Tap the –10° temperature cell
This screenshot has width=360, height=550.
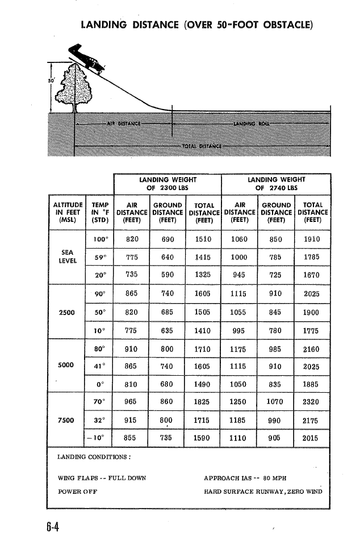click(x=98, y=438)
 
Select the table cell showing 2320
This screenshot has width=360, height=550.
click(x=312, y=402)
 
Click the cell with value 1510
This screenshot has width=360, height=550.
click(x=203, y=239)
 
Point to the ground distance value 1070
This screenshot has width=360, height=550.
click(x=275, y=402)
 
